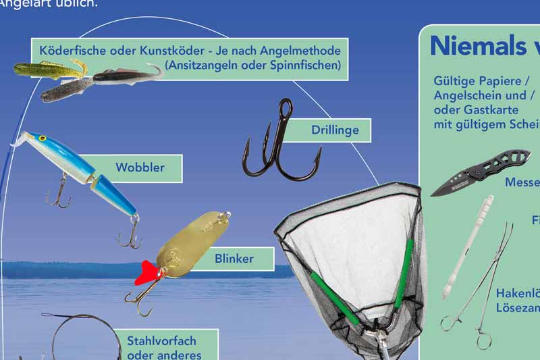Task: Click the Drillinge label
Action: (x=335, y=130)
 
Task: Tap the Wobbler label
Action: (x=140, y=168)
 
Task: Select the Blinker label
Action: (x=234, y=259)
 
